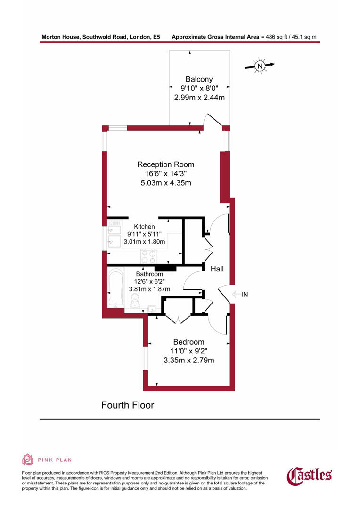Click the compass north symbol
[x=259, y=66]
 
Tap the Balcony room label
[x=199, y=79]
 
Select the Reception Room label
[x=165, y=164]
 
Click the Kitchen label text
[x=144, y=227]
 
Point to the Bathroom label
[x=149, y=274]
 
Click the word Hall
[x=217, y=269]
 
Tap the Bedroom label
[x=188, y=342]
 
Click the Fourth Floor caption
[x=128, y=405]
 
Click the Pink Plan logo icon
[x=27, y=460]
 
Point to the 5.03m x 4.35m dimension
[x=165, y=182]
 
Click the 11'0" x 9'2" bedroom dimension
[x=188, y=351]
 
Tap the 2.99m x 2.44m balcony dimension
[x=199, y=98]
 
